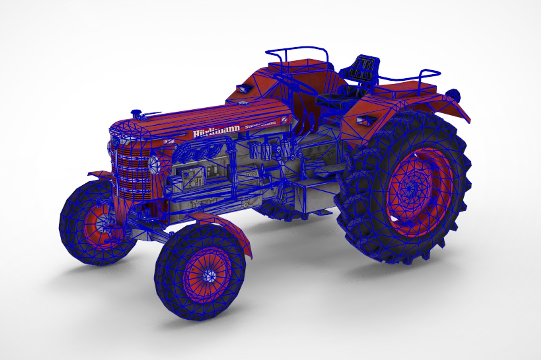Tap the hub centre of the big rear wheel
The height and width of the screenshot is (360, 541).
tap(409, 189)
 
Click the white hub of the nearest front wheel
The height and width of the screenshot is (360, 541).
tap(210, 275)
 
